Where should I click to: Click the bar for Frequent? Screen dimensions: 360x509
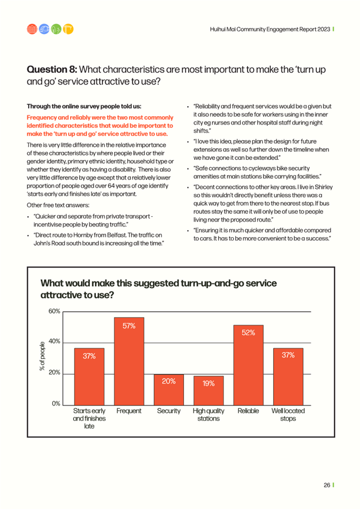point(129,361)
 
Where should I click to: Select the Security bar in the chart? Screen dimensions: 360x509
point(169,390)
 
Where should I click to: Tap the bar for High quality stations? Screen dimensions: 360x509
point(209,391)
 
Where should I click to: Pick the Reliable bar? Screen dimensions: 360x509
point(248,365)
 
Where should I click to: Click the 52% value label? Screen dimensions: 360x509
point(248,333)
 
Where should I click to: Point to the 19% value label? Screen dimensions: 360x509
point(209,383)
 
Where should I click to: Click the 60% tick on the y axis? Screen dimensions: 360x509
point(54,311)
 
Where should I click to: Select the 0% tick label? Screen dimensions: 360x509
point(56,403)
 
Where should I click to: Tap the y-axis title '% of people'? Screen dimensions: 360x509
point(42,356)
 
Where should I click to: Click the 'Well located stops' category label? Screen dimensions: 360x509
point(288,415)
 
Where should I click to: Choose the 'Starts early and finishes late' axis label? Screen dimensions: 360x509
point(90,418)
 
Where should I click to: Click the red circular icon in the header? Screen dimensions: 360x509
point(32,29)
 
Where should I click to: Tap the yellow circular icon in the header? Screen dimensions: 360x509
point(68,29)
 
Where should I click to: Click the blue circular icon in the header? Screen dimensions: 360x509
point(44,29)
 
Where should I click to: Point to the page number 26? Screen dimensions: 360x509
point(327,485)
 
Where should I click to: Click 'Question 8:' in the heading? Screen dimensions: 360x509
point(52,69)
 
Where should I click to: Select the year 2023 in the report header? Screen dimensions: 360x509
point(324,29)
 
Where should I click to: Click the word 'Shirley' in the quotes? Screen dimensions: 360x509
point(324,187)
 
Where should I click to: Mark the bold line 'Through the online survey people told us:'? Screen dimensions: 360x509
point(84,106)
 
